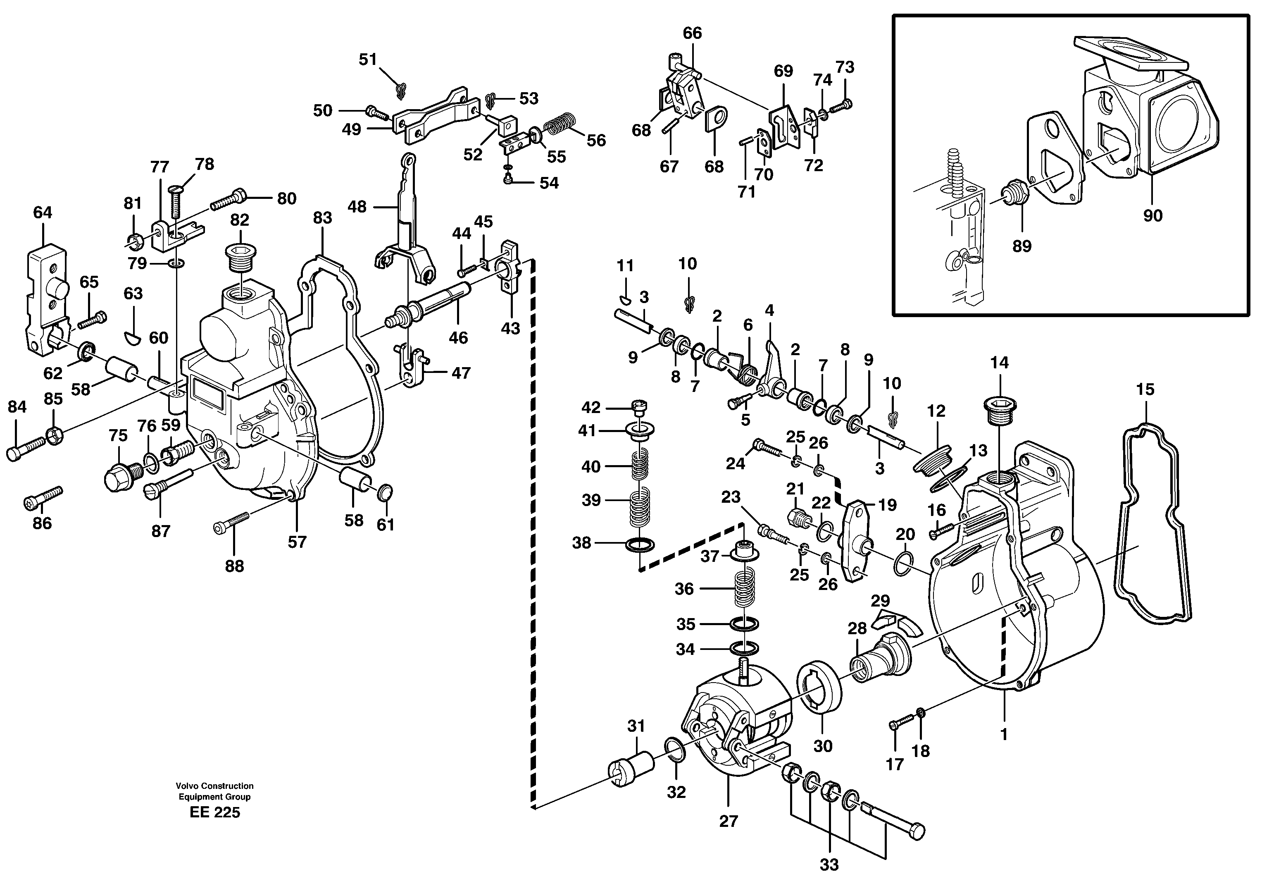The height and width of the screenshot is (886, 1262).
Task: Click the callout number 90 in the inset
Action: tap(1152, 215)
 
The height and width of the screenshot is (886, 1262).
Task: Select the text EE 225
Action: tap(214, 813)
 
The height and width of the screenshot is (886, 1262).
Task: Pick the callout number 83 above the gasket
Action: tap(323, 218)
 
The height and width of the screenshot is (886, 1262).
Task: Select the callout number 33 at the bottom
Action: tap(829, 865)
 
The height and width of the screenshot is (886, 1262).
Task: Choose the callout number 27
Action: tap(728, 821)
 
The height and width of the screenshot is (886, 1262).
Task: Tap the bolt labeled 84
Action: tap(26, 447)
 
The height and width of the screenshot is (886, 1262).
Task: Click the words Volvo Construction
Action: tap(214, 786)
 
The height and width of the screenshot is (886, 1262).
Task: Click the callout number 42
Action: tap(591, 408)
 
